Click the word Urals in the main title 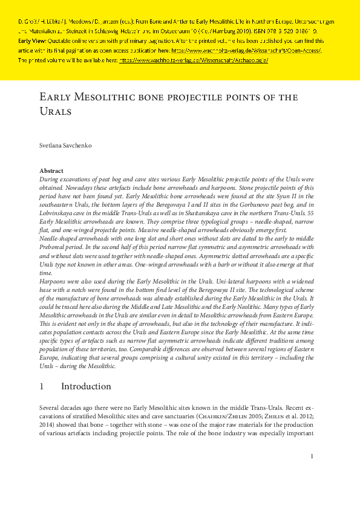(55, 112)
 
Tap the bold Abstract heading (51, 171)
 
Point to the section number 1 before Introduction (41, 386)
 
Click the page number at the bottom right (311, 456)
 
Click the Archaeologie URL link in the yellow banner (194, 60)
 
